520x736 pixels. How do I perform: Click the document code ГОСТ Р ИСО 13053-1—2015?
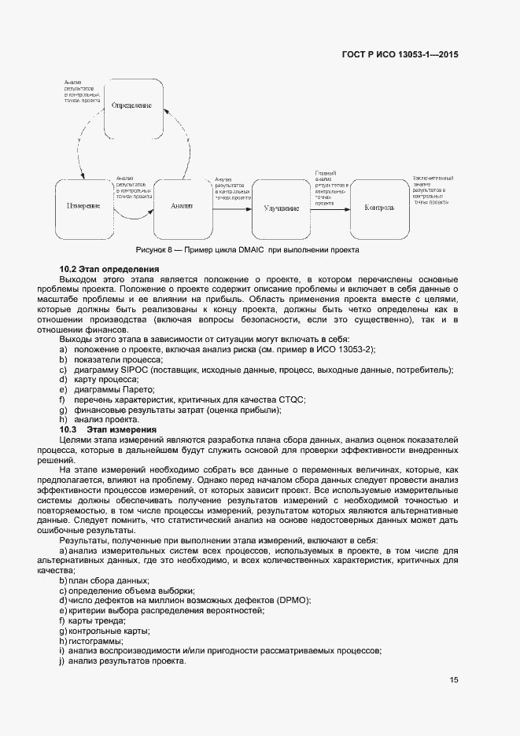(x=400, y=55)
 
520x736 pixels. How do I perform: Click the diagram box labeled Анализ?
(x=182, y=207)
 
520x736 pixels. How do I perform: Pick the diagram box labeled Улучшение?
(x=281, y=208)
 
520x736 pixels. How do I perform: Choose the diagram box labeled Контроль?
(x=379, y=208)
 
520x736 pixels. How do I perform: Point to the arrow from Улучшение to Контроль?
(x=330, y=208)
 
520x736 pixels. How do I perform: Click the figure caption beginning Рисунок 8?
(x=248, y=250)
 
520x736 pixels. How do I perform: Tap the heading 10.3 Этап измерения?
(x=109, y=429)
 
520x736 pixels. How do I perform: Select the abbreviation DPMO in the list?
(x=292, y=600)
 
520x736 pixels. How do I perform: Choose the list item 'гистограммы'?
(x=90, y=641)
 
